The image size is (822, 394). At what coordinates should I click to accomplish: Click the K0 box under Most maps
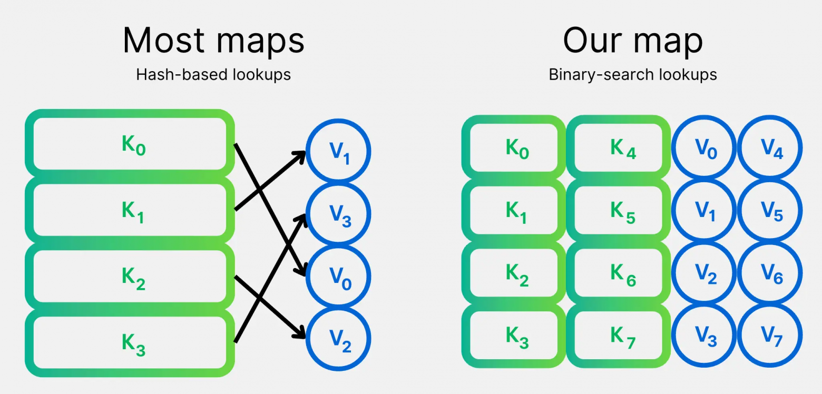pyautogui.click(x=130, y=143)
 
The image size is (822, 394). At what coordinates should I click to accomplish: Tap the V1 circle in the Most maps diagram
pyautogui.click(x=339, y=152)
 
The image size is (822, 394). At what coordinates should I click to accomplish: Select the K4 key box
pyautogui.click(x=618, y=147)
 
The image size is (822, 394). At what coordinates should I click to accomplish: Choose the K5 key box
pyautogui.click(x=618, y=210)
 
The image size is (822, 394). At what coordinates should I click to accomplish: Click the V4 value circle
pyautogui.click(x=769, y=147)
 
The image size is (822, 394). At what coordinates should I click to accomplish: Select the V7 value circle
pyautogui.click(x=769, y=336)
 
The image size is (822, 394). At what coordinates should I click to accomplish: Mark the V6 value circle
pyautogui.click(x=769, y=273)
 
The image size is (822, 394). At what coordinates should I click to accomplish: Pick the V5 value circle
pyautogui.click(x=769, y=210)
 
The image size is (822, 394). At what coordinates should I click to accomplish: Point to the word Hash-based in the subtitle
pyautogui.click(x=174, y=75)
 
